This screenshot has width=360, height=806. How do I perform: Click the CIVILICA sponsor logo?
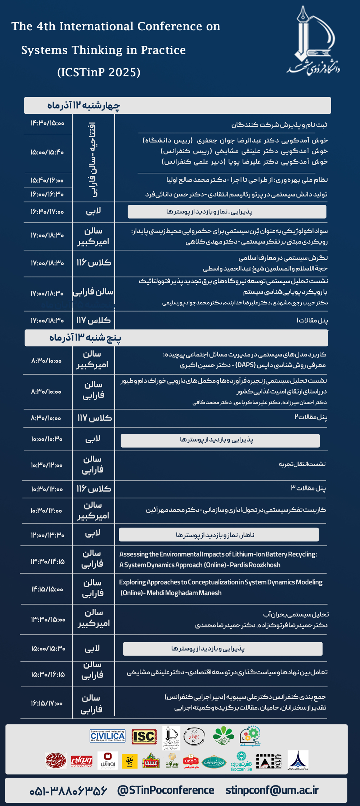[108, 736]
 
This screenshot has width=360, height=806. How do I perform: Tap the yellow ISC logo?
[144, 736]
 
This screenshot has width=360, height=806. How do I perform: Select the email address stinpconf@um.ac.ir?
[272, 790]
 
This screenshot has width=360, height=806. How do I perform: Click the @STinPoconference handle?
[166, 790]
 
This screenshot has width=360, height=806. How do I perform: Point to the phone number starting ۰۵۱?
[68, 790]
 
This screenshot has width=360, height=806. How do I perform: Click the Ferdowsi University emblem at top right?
[314, 41]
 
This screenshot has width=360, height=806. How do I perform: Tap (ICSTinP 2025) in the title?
[99, 72]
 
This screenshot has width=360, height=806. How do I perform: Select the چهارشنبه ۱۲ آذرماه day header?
[84, 105]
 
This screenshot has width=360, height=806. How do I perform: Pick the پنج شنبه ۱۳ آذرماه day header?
[85, 338]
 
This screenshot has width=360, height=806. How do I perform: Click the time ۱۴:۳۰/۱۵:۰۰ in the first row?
[48, 123]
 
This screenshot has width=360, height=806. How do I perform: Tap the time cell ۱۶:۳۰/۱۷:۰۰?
[47, 212]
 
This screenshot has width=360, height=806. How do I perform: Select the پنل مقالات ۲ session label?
[311, 417]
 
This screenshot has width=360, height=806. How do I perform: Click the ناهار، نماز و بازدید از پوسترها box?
[219, 535]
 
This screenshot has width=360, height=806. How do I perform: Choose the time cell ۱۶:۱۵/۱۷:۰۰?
[47, 703]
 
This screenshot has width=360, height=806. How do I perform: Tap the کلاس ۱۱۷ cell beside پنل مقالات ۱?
[93, 320]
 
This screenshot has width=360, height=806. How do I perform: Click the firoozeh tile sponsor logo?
[241, 761]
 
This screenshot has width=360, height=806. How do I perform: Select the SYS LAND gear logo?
[250, 735]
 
